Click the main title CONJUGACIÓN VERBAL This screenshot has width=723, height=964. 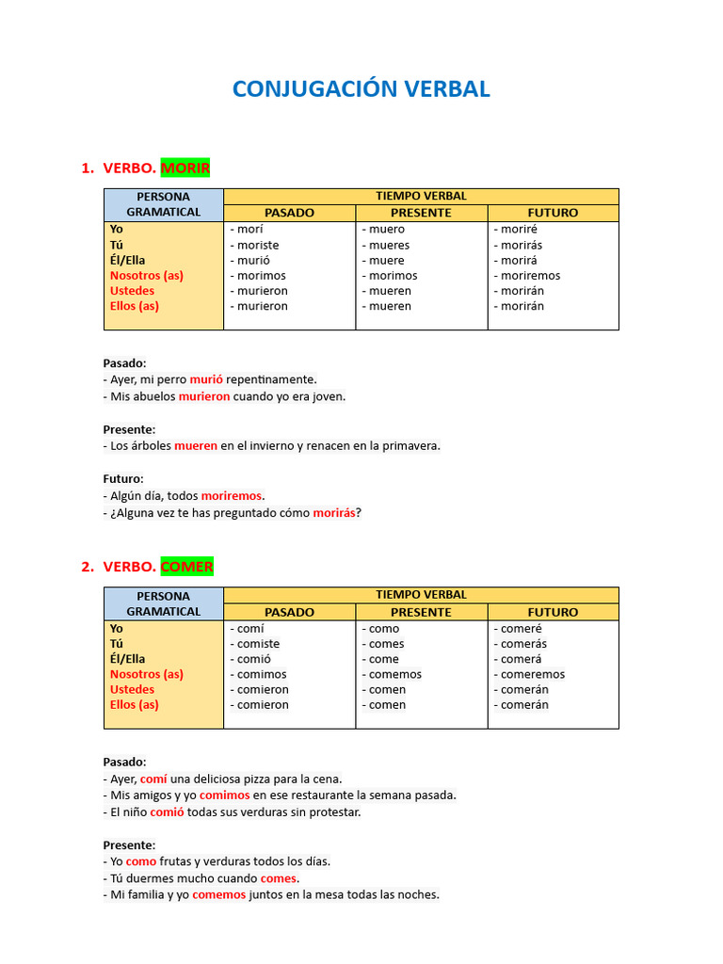pos(361,89)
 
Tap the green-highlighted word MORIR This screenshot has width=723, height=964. pos(185,168)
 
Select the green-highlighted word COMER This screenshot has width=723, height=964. pos(186,567)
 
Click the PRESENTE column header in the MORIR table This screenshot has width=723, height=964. pos(421,213)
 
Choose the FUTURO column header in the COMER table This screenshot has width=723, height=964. pos(553,612)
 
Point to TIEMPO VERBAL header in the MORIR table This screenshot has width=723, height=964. pos(421,196)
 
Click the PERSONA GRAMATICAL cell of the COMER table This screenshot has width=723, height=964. pos(164,603)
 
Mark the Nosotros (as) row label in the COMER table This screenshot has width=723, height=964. pos(146,674)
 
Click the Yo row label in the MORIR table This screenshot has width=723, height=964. pos(117,230)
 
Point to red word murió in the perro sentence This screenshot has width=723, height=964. pos(206,379)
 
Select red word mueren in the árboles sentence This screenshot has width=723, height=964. pos(196,446)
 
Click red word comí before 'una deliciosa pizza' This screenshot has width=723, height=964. pos(153,779)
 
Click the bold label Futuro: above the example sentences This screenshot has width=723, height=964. pos(123,479)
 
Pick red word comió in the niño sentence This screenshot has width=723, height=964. pos(167,811)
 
